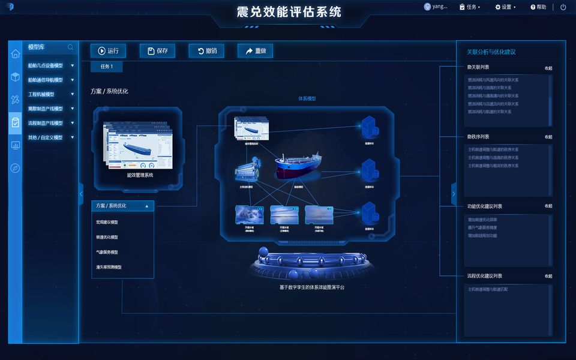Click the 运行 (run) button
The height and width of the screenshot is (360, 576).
(x=108, y=51)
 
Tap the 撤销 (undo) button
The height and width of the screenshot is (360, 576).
(x=206, y=51)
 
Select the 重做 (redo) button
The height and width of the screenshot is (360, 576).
(x=255, y=51)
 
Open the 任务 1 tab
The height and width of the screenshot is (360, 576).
(x=106, y=66)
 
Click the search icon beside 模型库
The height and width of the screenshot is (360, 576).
(x=70, y=47)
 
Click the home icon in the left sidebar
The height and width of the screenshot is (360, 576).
(x=16, y=54)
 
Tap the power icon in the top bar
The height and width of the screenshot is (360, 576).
(x=563, y=7)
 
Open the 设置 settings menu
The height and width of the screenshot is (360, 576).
(x=505, y=7)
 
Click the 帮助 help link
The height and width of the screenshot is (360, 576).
(x=538, y=7)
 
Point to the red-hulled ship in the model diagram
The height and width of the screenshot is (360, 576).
(x=299, y=166)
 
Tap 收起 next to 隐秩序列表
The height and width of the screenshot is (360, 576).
(x=548, y=137)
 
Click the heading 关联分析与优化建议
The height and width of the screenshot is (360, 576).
(x=491, y=52)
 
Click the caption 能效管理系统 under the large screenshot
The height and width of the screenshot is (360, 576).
(x=140, y=175)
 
